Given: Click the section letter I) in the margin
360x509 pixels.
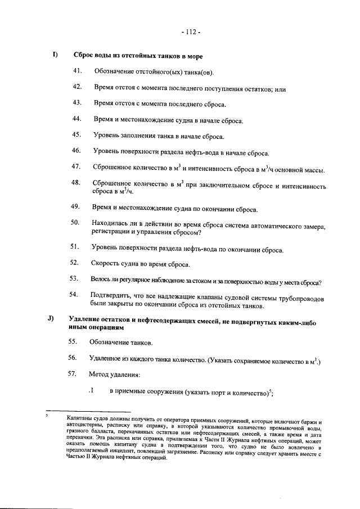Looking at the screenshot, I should [x=56, y=55].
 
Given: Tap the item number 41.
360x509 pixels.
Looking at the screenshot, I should [x=77, y=71].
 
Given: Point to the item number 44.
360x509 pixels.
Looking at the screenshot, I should [x=77, y=119].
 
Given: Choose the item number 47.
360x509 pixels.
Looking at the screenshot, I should [x=77, y=167].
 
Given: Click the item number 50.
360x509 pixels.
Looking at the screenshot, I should [x=77, y=224].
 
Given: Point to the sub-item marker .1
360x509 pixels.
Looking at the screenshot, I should [x=90, y=391].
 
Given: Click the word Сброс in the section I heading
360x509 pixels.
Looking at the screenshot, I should [x=84, y=56].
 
